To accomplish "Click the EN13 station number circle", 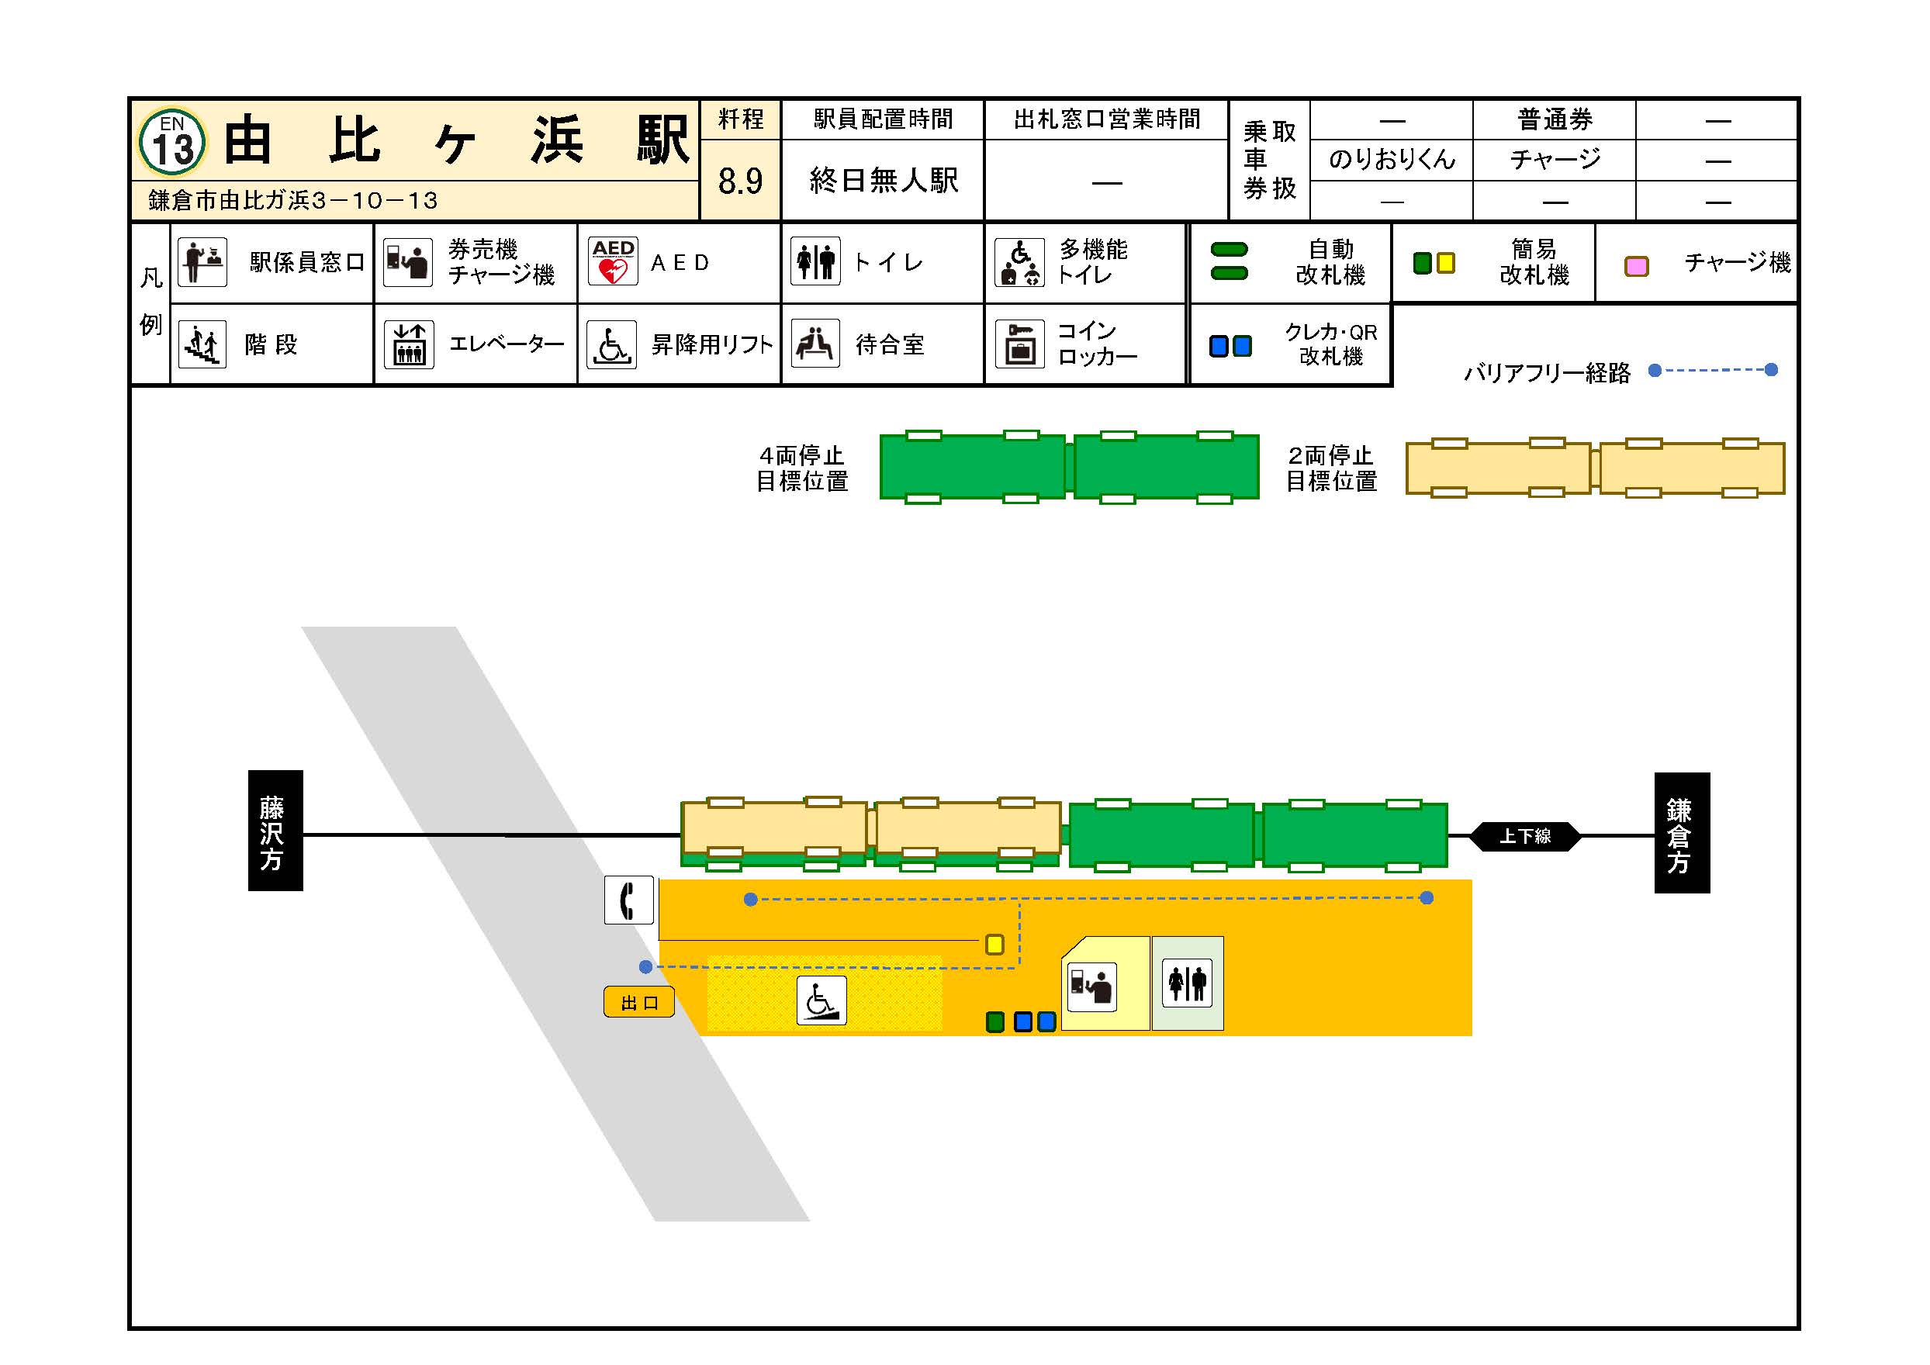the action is tap(172, 142).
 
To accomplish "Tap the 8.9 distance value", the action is tap(741, 181).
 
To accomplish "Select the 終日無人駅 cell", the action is tap(883, 181).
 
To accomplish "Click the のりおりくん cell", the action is tap(1391, 160).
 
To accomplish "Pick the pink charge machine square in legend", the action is tap(1636, 267).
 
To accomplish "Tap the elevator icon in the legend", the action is tap(410, 344).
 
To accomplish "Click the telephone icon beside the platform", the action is tap(629, 900).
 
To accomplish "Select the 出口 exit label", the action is tap(639, 1002).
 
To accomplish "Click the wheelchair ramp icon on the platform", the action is tap(821, 1000).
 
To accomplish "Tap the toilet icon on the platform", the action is tap(1187, 983).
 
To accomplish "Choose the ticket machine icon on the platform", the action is tap(1092, 987).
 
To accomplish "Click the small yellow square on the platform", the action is tap(994, 945).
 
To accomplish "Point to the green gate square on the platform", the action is tap(995, 1022).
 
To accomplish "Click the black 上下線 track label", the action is tap(1526, 836).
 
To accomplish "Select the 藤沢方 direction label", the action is tap(275, 831).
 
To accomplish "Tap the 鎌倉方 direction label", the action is tap(1682, 833).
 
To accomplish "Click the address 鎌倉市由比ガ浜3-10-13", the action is tap(292, 200).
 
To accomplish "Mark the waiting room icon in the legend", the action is tap(815, 344).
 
